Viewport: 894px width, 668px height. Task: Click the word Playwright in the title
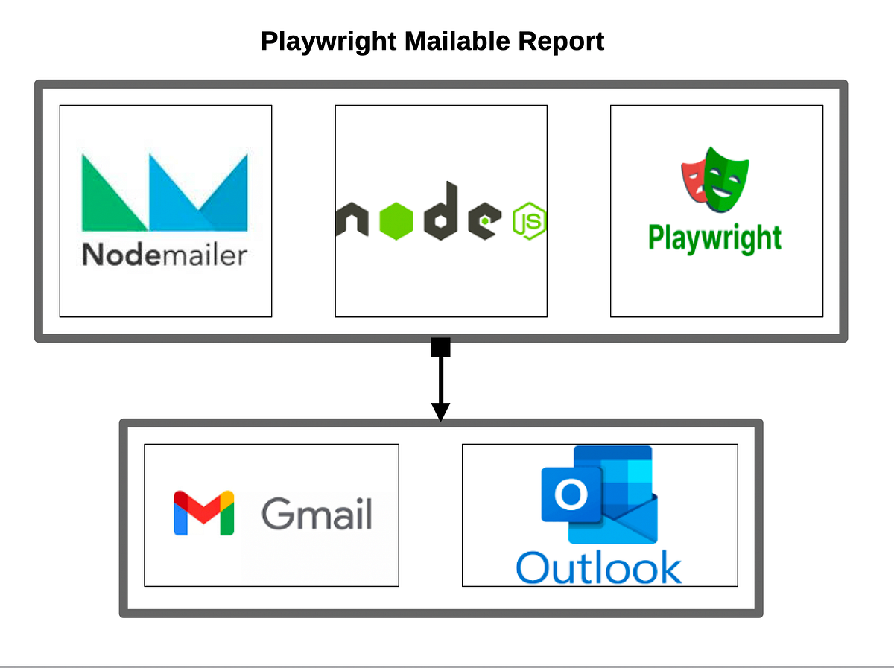[329, 41]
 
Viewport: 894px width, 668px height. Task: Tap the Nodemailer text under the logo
[164, 255]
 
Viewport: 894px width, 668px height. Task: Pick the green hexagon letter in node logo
[398, 220]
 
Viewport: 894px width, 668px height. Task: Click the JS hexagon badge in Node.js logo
[530, 221]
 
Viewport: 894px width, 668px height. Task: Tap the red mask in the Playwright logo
[694, 174]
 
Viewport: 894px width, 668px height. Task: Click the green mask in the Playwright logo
[726, 177]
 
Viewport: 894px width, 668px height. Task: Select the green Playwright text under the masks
[714, 239]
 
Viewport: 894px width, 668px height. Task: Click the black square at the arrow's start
[440, 348]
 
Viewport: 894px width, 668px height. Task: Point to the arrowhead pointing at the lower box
[440, 411]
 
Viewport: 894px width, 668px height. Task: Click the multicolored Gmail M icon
[203, 513]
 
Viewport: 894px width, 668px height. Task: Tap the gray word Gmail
[317, 513]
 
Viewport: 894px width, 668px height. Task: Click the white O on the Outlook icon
[571, 494]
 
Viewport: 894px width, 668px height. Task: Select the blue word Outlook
[598, 567]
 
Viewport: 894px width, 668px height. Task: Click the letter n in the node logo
[353, 221]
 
